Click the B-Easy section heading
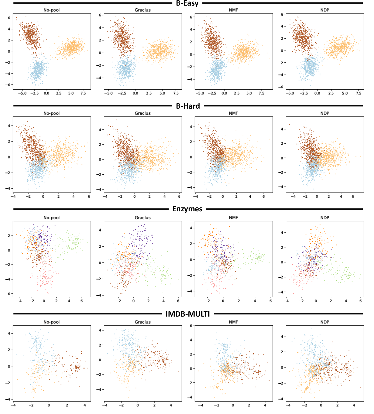[187, 3]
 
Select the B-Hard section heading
[188, 106]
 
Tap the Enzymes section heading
[187, 209]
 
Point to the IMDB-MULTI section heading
[188, 314]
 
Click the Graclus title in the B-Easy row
[143, 10]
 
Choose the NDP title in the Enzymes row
[325, 217]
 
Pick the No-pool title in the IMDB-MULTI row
[52, 322]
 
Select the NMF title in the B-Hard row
[234, 113]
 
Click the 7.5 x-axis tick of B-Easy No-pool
[83, 93]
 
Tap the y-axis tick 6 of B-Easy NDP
[282, 15]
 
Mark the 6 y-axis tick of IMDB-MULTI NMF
[191, 326]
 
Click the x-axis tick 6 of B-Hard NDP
[353, 197]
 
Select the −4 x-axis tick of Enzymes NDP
[286, 301]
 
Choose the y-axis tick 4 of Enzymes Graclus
[100, 230]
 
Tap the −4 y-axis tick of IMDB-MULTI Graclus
[99, 389]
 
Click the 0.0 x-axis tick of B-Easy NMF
[224, 93]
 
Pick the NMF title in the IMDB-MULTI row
[234, 322]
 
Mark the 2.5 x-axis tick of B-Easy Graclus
[149, 93]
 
